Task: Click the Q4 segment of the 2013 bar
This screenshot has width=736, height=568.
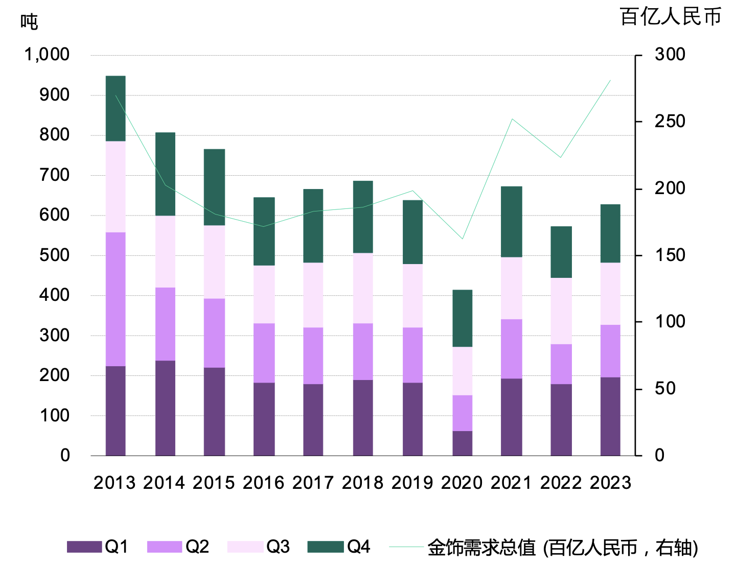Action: click(x=116, y=108)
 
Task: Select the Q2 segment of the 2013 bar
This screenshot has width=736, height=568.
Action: click(x=116, y=299)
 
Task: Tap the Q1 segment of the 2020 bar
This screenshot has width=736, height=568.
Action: click(x=462, y=443)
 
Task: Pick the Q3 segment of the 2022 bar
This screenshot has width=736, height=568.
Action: click(x=561, y=311)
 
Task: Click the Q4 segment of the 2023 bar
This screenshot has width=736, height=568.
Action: click(x=610, y=233)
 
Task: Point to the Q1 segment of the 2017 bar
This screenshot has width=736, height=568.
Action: click(x=313, y=419)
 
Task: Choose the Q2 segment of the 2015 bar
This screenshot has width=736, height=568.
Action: click(x=214, y=333)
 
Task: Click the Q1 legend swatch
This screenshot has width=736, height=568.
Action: click(x=84, y=547)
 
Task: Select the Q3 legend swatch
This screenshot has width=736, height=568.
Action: click(x=245, y=547)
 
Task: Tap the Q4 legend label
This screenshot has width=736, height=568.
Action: click(x=359, y=547)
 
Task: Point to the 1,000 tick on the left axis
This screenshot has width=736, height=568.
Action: click(x=47, y=55)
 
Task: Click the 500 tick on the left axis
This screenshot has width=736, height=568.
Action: click(x=54, y=255)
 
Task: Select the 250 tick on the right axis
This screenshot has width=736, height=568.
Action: click(x=670, y=122)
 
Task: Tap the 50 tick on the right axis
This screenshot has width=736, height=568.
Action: click(x=665, y=389)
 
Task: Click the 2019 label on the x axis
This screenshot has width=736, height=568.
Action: click(x=412, y=483)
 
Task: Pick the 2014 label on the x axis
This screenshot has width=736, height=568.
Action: click(x=164, y=483)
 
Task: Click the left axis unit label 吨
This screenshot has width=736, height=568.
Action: click(x=29, y=22)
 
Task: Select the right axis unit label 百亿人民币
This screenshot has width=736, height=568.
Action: click(x=670, y=17)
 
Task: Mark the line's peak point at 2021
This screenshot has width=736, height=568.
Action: click(x=512, y=119)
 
